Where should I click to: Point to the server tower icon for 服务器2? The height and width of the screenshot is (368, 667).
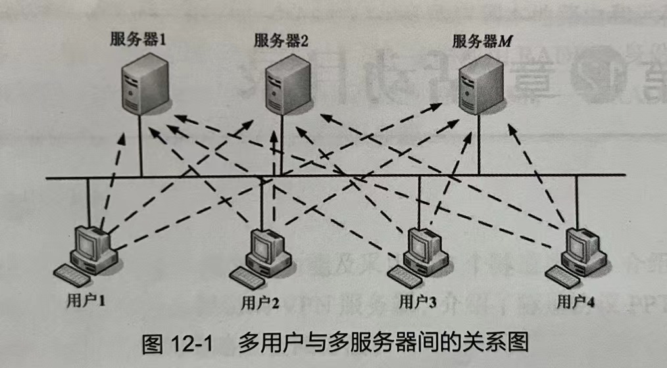[284, 86]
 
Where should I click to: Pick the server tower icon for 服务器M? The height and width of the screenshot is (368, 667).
[485, 86]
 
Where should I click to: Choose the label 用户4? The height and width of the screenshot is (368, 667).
[576, 302]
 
